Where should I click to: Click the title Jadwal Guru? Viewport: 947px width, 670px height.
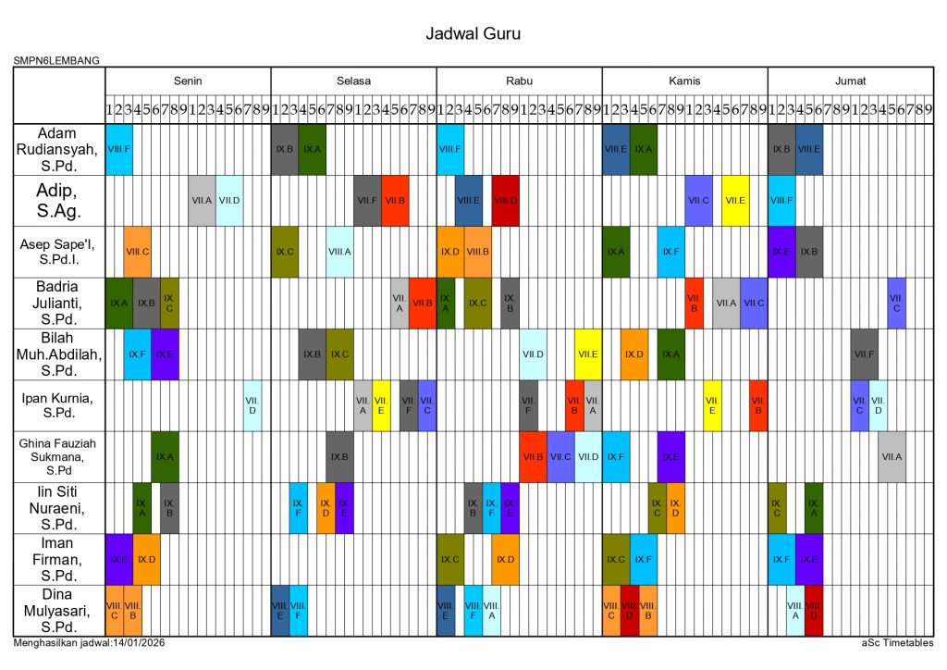[x=473, y=34]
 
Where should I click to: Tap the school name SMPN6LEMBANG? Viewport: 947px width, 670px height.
[x=56, y=61]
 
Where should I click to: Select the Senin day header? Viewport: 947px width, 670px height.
[x=188, y=81]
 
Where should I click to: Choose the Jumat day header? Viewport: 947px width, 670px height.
[x=850, y=81]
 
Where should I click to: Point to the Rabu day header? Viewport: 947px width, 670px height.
[x=519, y=81]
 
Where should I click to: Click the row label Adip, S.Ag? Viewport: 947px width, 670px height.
[x=59, y=201]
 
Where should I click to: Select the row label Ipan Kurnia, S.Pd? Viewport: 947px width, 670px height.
[x=59, y=405]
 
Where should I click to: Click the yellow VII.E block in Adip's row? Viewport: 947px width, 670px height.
[x=735, y=200]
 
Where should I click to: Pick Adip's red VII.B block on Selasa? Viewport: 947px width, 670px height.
[x=395, y=200]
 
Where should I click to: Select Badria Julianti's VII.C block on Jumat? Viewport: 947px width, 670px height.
[x=896, y=303]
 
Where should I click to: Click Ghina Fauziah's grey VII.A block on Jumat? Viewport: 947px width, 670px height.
[x=892, y=456]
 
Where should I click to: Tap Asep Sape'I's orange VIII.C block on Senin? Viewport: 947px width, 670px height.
[x=138, y=252]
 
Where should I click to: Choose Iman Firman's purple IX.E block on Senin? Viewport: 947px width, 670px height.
[x=119, y=559]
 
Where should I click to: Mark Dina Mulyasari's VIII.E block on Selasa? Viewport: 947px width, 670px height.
[x=280, y=610]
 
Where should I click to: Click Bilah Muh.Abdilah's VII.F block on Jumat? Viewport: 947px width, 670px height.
[x=864, y=354]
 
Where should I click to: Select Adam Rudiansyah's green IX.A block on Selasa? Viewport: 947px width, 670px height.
[x=313, y=149]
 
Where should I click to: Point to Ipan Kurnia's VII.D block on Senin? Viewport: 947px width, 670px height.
[x=252, y=405]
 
